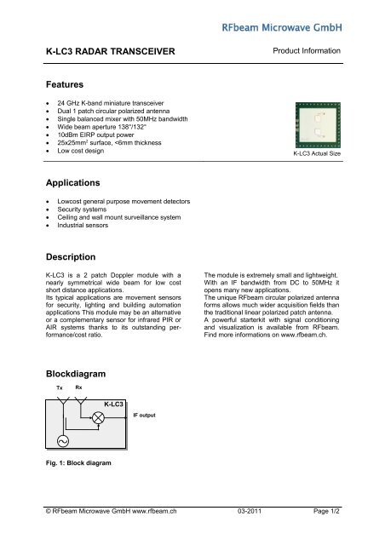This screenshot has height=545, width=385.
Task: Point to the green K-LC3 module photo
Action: [316, 126]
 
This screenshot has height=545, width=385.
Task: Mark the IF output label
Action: [145, 416]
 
